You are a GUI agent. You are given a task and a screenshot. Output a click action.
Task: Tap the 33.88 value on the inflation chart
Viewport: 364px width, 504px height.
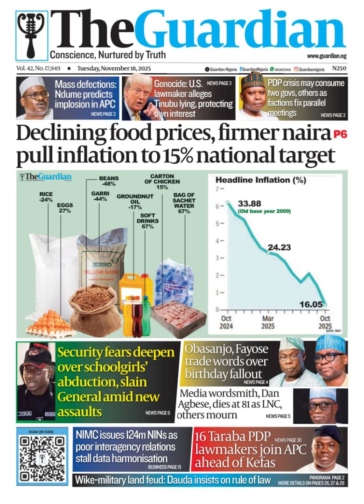tap(249, 204)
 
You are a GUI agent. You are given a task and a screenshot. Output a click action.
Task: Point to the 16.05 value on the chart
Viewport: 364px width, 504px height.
tap(311, 304)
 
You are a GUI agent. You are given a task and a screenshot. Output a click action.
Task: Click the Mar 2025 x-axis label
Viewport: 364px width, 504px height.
tap(268, 322)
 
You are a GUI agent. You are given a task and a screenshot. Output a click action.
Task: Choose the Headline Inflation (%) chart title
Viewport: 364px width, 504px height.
tap(260, 180)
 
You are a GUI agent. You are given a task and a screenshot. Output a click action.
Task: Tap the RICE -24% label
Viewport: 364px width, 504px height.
tap(46, 196)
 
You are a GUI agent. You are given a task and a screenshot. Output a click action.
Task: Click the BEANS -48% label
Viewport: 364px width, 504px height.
tap(109, 181)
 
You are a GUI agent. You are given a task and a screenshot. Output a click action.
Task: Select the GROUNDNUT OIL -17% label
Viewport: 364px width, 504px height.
tap(135, 202)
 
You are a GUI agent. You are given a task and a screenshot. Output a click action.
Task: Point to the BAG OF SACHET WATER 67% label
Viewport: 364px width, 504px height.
tap(184, 203)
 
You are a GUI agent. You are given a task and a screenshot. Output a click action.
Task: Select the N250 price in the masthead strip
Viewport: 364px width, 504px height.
tap(339, 69)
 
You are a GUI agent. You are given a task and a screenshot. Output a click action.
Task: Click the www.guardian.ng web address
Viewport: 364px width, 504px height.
tap(326, 56)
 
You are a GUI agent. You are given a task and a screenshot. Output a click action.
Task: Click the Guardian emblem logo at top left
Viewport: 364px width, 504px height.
tap(32, 35)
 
